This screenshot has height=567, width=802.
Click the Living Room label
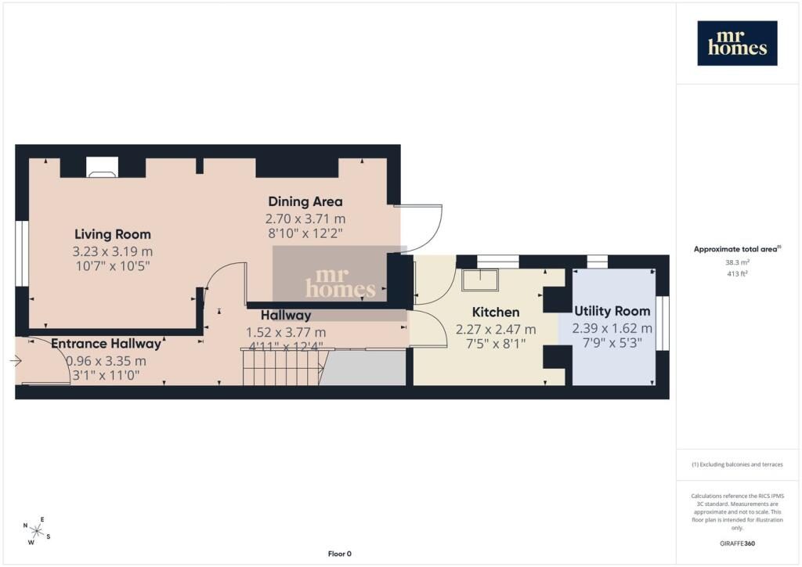[x=113, y=234]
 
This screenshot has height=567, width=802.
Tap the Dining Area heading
[x=305, y=201]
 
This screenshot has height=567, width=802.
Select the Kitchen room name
[x=496, y=312]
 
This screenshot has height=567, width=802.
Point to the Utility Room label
[x=612, y=311]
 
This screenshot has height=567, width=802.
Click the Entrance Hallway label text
[x=107, y=344]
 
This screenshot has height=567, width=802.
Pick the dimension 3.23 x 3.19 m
[x=113, y=251]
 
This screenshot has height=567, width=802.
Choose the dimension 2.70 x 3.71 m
[x=305, y=218]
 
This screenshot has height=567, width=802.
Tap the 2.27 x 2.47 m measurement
[x=496, y=330]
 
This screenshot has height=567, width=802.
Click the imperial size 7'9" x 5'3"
[x=612, y=343]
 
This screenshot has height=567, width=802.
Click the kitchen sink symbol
[x=480, y=280]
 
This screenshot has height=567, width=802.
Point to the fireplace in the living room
[x=102, y=167]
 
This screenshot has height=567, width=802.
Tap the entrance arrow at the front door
[x=16, y=361]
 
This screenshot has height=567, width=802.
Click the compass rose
[x=37, y=531]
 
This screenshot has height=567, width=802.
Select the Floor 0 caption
[x=340, y=554]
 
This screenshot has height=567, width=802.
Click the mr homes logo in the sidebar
[x=737, y=43]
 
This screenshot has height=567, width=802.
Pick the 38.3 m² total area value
[x=737, y=262]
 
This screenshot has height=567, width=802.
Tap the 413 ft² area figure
[x=737, y=273]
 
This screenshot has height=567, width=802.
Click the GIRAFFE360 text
[x=737, y=544]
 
